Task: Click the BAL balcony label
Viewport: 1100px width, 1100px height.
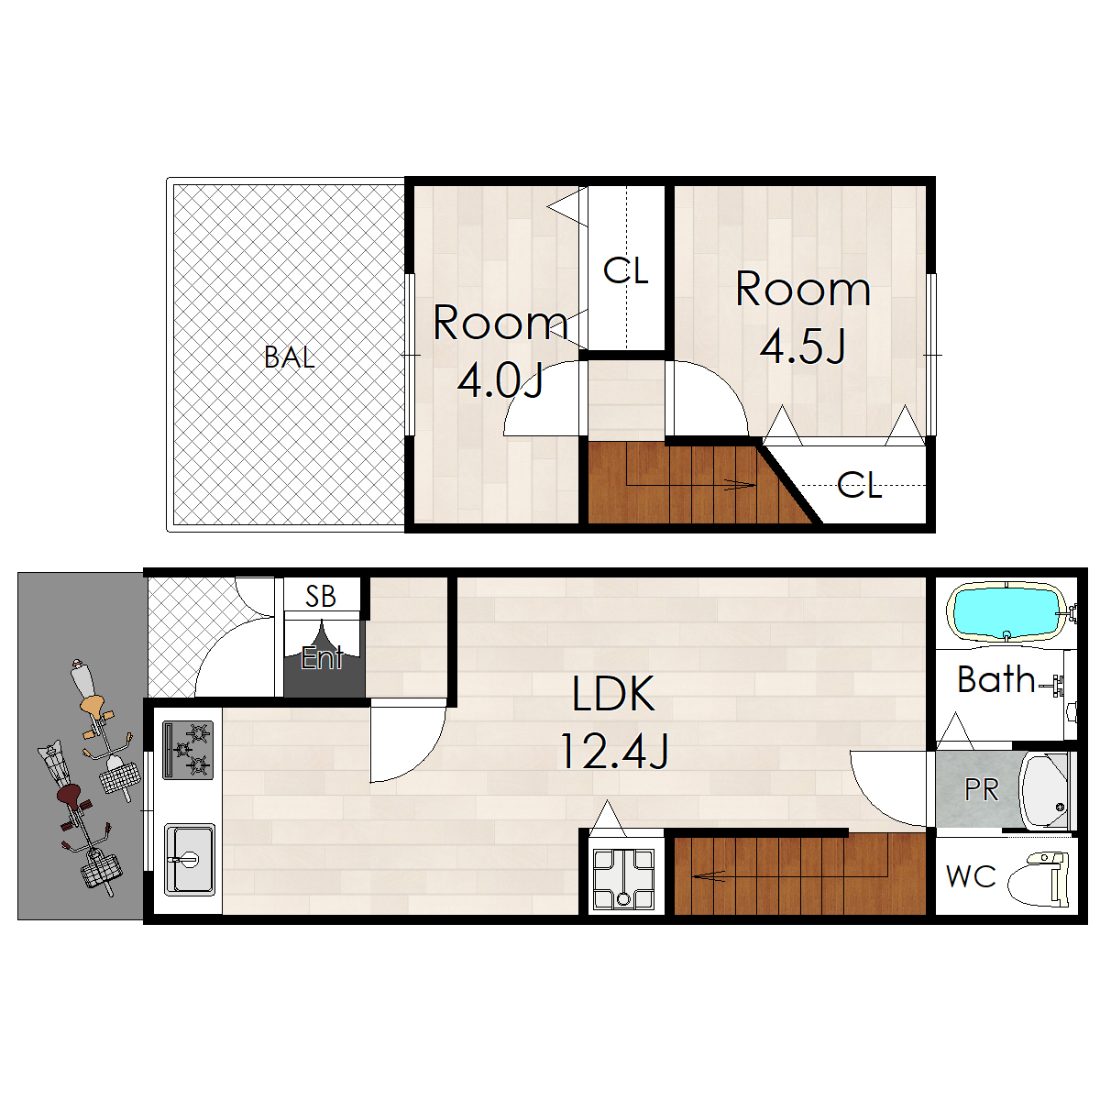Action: coord(290,357)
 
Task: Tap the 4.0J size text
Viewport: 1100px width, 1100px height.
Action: coord(500,381)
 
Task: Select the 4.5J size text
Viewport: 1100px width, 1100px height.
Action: coord(802,347)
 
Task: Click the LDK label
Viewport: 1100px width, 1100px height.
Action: coord(613,694)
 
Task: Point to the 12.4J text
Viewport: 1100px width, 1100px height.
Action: coord(614,752)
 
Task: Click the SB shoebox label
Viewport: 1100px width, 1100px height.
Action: coord(320,597)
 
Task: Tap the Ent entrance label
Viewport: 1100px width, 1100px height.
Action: coord(322,657)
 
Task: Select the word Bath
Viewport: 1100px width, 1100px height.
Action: coord(995,679)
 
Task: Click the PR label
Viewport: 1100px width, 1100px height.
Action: coord(981,789)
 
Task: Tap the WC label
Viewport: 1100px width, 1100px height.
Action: coord(971,876)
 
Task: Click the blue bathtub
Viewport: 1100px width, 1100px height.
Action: coord(1006,612)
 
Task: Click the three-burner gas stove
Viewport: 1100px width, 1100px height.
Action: coord(188,750)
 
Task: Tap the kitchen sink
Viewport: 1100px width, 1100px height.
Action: coord(190,860)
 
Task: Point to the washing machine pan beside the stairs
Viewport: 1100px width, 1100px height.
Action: coord(623,878)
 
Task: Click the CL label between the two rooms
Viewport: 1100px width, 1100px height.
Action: coord(626,270)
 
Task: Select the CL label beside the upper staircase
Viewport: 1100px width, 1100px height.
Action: coord(859,485)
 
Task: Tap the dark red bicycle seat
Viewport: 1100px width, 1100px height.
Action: coord(71,795)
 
